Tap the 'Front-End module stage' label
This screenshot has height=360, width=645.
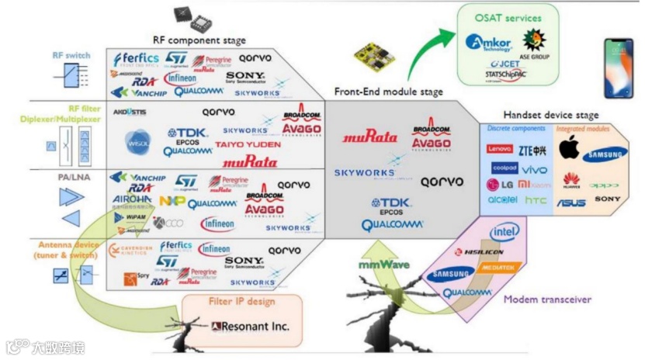[388, 92]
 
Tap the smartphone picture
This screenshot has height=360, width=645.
[619, 68]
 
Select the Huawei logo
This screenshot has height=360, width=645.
[571, 180]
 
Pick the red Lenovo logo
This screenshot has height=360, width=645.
[500, 148]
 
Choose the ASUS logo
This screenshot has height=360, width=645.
[570, 202]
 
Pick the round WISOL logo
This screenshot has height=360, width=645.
[138, 142]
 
